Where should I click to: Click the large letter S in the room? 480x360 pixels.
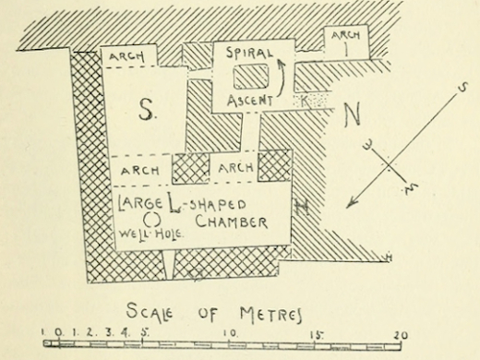pyautogui.click(x=145, y=110)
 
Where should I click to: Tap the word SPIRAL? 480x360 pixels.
pyautogui.click(x=249, y=54)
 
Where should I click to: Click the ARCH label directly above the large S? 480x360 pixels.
pyautogui.click(x=127, y=56)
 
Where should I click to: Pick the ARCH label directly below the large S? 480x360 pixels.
pyautogui.click(x=140, y=171)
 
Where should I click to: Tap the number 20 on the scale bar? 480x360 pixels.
pyautogui.click(x=400, y=333)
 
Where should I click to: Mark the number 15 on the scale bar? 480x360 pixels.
pyautogui.click(x=316, y=333)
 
